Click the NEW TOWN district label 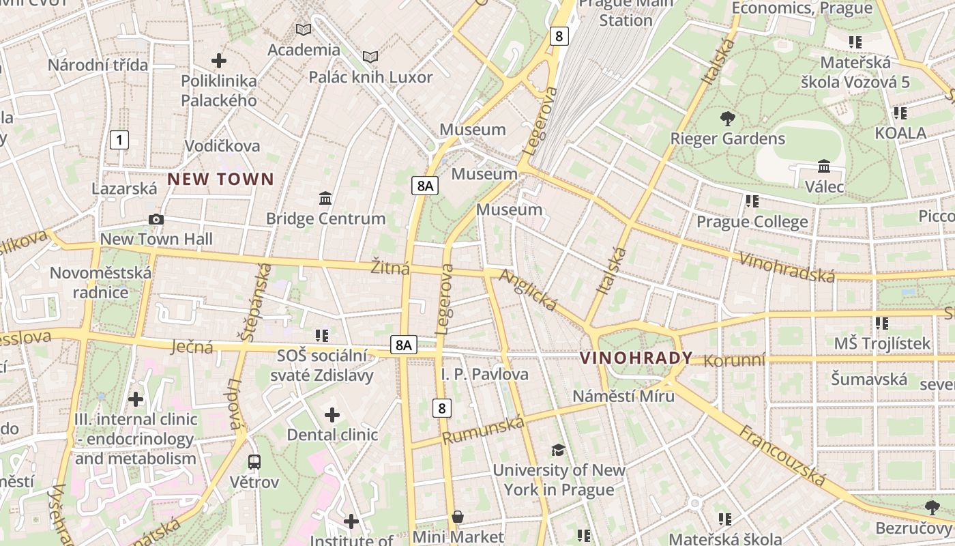coord(220,179)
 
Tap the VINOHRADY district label coord(636,358)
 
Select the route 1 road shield coord(119,141)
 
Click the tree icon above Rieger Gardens coord(728,119)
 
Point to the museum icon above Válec coord(824,167)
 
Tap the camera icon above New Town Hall coord(156,219)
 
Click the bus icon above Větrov coord(254,462)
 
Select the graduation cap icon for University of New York coord(559,450)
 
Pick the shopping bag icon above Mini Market coord(458,517)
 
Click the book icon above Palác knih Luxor coord(370,57)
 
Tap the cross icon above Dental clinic coord(332,414)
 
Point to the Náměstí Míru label coord(623,396)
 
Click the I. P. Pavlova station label coord(484,374)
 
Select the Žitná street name coord(390,268)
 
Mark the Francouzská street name coord(782,455)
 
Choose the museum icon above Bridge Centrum coord(325,198)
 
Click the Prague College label coord(752,222)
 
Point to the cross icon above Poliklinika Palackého coord(218,61)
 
